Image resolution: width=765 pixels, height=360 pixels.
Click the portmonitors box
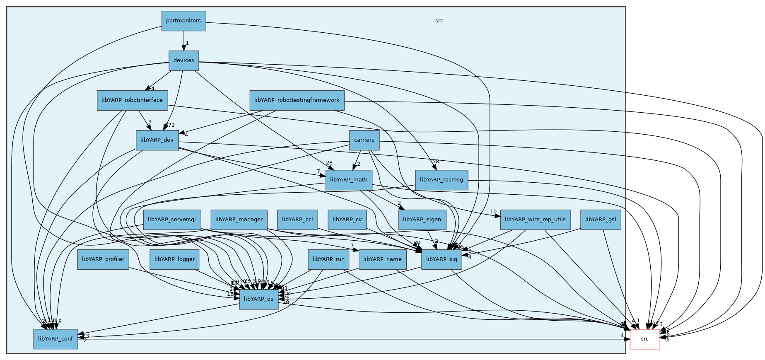[x=183, y=21]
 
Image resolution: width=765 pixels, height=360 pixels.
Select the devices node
[x=184, y=60]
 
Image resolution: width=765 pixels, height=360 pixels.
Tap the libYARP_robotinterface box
[x=132, y=100]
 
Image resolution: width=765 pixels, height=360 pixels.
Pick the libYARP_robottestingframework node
[x=297, y=100]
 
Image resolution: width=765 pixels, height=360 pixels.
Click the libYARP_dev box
[x=157, y=140]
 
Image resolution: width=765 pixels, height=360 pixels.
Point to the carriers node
[x=364, y=140]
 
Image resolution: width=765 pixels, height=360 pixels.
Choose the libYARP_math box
[x=349, y=180]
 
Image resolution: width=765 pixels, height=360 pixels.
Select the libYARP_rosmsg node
[x=442, y=180]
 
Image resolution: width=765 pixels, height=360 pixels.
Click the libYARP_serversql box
[x=172, y=220]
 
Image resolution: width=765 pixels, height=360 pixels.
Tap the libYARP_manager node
[x=239, y=220]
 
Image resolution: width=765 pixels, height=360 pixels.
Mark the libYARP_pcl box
[x=297, y=220]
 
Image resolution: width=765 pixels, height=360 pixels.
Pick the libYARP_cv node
[x=347, y=220]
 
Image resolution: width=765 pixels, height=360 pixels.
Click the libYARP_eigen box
[x=422, y=220]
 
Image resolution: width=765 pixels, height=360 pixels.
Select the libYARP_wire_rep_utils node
[x=535, y=220]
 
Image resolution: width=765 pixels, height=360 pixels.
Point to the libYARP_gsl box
[x=601, y=220]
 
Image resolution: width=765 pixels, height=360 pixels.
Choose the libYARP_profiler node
[x=103, y=259]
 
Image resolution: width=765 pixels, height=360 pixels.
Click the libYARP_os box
[x=258, y=299]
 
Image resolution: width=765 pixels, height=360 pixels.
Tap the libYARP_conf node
[x=56, y=339]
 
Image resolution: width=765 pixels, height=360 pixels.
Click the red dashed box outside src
[x=644, y=339]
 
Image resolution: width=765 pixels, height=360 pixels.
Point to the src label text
[x=439, y=21]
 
